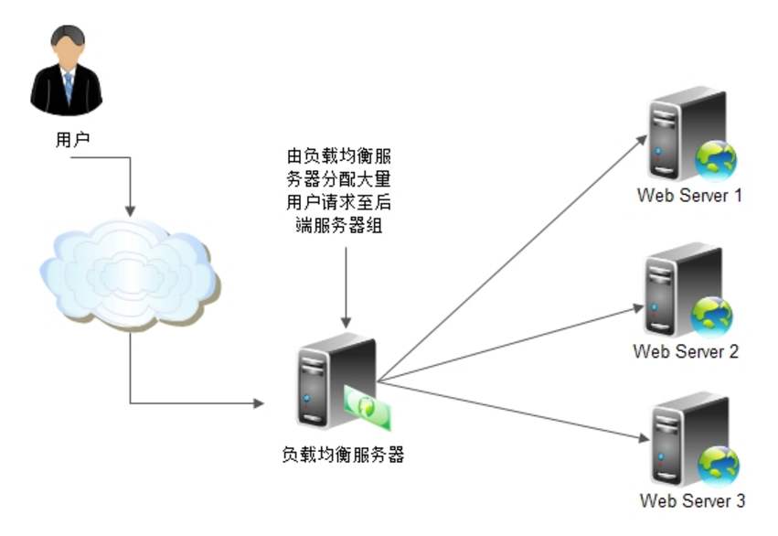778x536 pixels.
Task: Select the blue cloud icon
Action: [127, 271]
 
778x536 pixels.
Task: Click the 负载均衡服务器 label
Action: [344, 455]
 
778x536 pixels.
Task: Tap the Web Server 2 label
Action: [685, 351]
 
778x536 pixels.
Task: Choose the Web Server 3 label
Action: [692, 500]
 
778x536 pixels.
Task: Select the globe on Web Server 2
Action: [713, 316]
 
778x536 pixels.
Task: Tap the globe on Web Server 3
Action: [717, 464]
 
